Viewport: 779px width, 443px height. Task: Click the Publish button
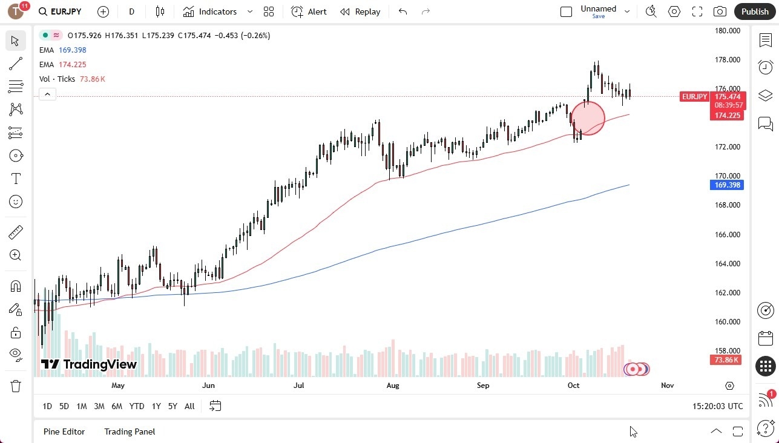click(x=754, y=11)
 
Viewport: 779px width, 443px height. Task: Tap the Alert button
click(x=309, y=11)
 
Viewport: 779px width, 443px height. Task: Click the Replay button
click(x=360, y=11)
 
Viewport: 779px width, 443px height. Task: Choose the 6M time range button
click(x=117, y=406)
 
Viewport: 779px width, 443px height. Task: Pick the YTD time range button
click(x=137, y=406)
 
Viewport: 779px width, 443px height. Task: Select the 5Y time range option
click(x=173, y=406)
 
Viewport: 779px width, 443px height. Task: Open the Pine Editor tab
click(x=64, y=432)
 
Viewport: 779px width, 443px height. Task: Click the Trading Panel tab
click(x=130, y=432)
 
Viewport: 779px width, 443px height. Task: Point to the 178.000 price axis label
click(x=727, y=60)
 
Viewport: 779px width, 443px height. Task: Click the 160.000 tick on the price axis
click(x=727, y=322)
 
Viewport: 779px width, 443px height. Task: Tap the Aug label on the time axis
click(x=393, y=386)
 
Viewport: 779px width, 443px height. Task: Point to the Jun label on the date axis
click(x=208, y=386)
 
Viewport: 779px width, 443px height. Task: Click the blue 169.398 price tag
click(x=726, y=185)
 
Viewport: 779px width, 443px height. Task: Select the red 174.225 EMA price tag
click(x=727, y=116)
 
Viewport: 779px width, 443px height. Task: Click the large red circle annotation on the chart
click(x=587, y=117)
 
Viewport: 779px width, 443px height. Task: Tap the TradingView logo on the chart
click(x=89, y=364)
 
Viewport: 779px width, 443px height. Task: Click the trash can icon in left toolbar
click(x=16, y=386)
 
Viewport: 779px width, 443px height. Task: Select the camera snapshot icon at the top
click(x=720, y=11)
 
